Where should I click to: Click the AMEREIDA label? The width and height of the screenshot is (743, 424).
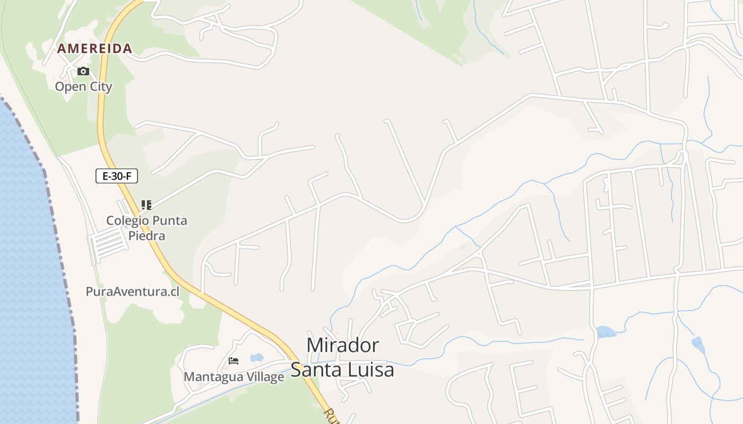point(94,49)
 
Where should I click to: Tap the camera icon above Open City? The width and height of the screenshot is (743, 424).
point(83,72)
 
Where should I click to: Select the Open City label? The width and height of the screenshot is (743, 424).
point(84,86)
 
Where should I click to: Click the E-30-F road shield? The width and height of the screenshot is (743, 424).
point(117,176)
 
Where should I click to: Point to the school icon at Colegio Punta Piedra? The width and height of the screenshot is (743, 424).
point(146,205)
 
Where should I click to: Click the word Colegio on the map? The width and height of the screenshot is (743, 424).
point(125,220)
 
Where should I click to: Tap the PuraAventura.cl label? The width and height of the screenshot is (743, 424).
point(133,291)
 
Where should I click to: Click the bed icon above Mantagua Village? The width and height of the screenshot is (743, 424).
point(234,361)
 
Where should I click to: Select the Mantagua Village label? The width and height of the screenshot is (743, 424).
point(234,377)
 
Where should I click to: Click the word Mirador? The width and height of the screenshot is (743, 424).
point(343,345)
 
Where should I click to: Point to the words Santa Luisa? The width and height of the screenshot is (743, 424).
point(342,369)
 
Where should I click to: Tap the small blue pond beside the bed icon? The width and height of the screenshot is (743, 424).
point(257,357)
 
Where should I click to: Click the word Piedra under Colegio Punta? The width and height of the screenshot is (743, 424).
point(147,235)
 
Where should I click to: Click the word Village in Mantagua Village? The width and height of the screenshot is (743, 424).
point(265,377)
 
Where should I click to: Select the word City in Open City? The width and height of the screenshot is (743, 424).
point(99,86)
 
